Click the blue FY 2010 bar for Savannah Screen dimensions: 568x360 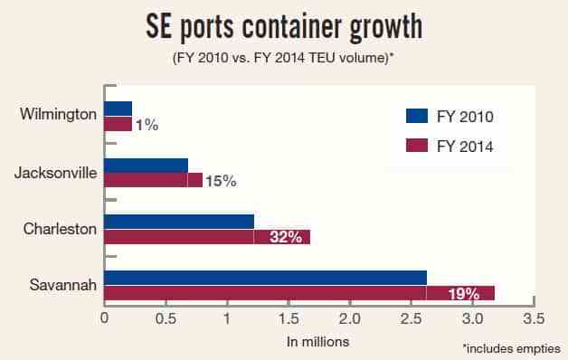click(x=266, y=278)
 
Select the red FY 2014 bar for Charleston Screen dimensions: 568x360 click(x=207, y=237)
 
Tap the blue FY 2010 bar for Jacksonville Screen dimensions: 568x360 click(x=147, y=166)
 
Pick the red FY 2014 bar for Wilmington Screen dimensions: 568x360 click(x=118, y=124)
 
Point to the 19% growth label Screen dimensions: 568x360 click(x=464, y=294)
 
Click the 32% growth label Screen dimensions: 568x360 click(x=286, y=237)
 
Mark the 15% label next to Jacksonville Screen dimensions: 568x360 click(x=221, y=181)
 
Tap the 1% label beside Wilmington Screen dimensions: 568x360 click(x=147, y=126)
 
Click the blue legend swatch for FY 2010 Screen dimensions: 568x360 click(x=417, y=116)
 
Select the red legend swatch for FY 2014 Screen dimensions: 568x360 click(x=417, y=146)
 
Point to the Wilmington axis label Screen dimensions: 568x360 click(x=58, y=114)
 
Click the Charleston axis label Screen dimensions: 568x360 click(x=60, y=229)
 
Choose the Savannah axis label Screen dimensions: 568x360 click(x=63, y=285)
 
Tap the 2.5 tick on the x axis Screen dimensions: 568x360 click(x=411, y=318)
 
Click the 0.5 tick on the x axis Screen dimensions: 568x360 click(x=166, y=318)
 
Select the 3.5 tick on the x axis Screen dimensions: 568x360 click(x=534, y=318)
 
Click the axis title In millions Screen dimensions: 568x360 click(x=317, y=342)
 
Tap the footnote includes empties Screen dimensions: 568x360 click(x=512, y=349)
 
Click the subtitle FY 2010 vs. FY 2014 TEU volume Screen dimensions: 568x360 click(x=283, y=58)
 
